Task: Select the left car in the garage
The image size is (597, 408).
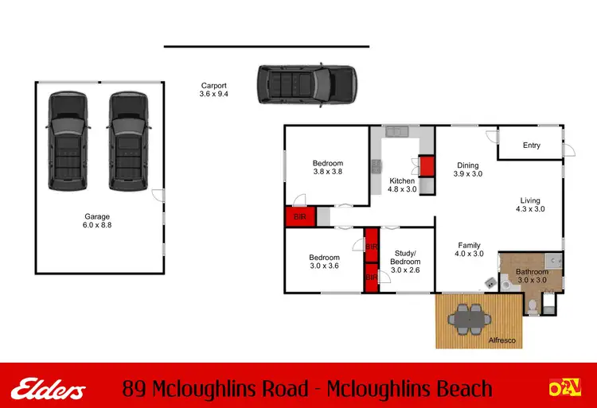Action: point(68,141)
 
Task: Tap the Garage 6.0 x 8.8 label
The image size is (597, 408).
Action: point(97,221)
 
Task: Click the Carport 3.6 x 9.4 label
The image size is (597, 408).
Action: point(213,90)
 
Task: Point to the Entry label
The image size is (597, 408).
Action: point(531,146)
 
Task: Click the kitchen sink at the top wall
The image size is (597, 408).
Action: point(396,132)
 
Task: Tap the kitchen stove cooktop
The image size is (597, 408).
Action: point(375,166)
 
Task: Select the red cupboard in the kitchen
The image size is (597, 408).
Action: point(426,166)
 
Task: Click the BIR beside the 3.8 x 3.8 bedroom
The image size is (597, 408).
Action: point(300,216)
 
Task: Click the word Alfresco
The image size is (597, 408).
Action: point(502,340)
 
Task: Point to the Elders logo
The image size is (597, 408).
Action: point(49,389)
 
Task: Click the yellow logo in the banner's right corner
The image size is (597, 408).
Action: point(564,388)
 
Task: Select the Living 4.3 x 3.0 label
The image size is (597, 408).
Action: point(530,205)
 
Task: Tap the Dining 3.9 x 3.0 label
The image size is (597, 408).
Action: point(467,169)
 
